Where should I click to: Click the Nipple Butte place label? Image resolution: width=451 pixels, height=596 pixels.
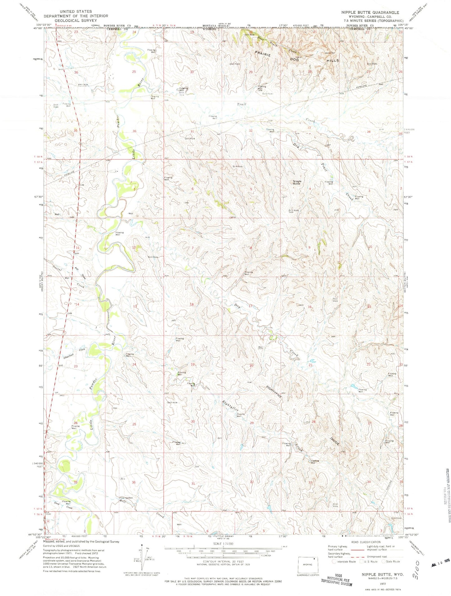(297, 182)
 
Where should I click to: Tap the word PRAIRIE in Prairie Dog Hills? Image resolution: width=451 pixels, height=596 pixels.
(264, 53)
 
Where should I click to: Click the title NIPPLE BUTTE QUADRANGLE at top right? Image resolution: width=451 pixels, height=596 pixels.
(370, 12)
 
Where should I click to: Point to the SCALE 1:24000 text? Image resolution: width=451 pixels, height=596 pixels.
(223, 544)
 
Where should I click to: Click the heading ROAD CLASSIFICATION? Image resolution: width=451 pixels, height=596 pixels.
(366, 542)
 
